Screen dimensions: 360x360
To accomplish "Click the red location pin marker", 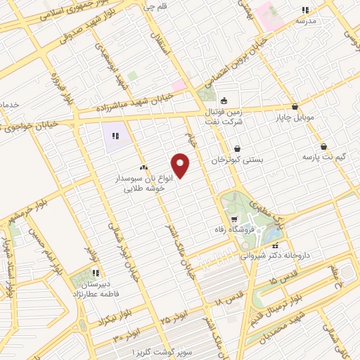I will coord(181,165).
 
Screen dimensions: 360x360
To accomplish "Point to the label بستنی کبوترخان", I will coord(238,160).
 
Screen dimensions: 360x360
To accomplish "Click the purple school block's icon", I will coord(115,136).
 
